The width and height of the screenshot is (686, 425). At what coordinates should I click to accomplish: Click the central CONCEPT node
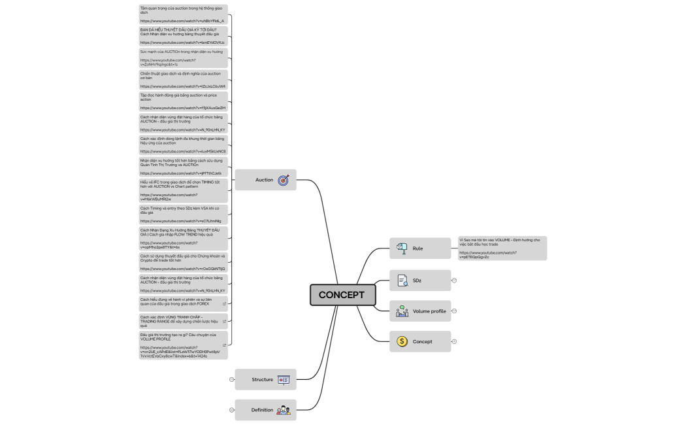pos(342,295)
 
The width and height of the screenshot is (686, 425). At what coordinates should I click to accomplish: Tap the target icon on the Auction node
pos(284,180)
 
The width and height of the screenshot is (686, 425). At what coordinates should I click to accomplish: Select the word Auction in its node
pos(264,180)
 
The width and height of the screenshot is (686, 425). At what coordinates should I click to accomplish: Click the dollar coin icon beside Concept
pos(402,341)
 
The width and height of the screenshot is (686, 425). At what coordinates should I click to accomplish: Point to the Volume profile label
pos(429,311)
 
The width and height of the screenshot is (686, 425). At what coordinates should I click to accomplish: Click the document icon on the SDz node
pos(402,280)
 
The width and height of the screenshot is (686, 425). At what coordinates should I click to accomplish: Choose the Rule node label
pos(417,248)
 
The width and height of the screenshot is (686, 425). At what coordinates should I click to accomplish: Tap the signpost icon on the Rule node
pos(402,248)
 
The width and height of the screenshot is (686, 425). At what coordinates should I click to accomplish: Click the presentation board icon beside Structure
pos(284,380)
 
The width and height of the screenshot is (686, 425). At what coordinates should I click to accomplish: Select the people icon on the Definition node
pos(284,410)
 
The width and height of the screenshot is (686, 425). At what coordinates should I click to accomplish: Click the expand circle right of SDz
pos(454,280)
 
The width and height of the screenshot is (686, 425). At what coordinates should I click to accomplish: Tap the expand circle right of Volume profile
pos(454,311)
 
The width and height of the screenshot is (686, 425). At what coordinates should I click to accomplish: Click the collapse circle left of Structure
pos(231,379)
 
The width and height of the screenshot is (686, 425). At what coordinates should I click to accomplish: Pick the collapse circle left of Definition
pos(231,410)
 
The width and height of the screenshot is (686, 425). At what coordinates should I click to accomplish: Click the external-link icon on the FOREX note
pos(224,303)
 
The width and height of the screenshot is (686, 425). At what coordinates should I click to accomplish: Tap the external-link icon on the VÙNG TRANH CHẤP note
pos(224,321)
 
